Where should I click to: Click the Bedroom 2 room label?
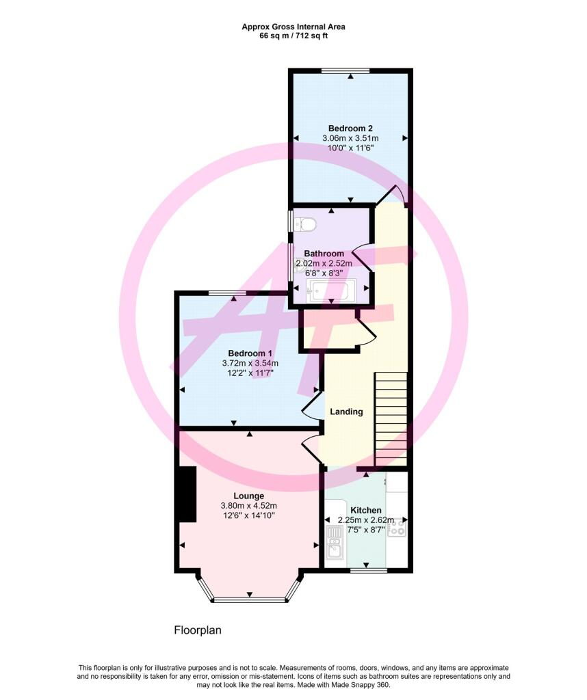pos(350,128)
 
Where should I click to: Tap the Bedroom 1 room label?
pos(250,353)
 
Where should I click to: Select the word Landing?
pos(346,412)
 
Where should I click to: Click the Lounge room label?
pos(249,496)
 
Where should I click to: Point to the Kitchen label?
pos(366,510)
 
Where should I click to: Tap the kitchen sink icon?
pos(334,542)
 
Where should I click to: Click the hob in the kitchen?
pos(397,528)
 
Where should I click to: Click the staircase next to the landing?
pos(391,419)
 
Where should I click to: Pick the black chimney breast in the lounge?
pos(187,494)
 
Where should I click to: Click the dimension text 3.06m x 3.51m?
pos(350,138)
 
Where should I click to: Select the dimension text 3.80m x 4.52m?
pos(249,506)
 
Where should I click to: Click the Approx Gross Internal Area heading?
pos(293,27)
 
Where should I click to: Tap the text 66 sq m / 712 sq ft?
pos(293,36)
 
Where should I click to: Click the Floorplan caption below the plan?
pos(198,630)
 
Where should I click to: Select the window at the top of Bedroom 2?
pos(345,70)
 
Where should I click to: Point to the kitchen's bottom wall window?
pos(369,571)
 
